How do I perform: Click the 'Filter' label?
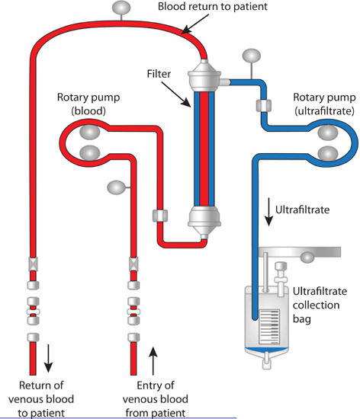pos(159,74)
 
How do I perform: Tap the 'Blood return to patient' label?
pos(213,6)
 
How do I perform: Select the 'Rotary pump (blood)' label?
pos(88,104)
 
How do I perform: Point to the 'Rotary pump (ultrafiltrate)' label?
pos(325,104)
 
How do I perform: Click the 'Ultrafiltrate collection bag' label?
pos(320,305)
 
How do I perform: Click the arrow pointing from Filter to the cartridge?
pos(176,94)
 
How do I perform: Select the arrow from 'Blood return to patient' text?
pos(195,24)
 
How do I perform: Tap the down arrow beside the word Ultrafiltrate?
pos(268,212)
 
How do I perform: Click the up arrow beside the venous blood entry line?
pos(153,361)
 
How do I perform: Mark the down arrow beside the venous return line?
pos(48,358)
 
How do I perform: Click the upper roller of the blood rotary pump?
pos(90,133)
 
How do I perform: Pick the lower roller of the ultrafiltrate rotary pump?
pos(328,154)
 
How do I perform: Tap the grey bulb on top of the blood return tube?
pos(121,8)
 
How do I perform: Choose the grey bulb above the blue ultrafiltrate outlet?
pos(252,56)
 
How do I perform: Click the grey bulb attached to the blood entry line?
pos(116,187)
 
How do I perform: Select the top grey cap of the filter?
pos(204,76)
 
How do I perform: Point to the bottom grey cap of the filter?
pos(204,222)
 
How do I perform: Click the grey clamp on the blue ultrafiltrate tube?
pos(264,106)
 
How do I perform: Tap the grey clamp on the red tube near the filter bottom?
pos(160,216)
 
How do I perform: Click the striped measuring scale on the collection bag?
pos(269,327)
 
